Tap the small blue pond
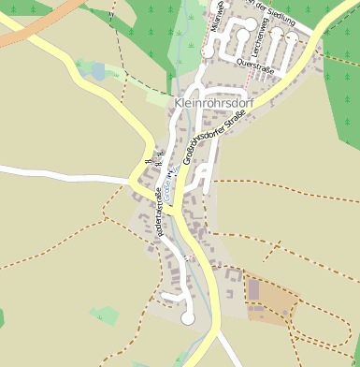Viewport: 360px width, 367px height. pyautogui.click(x=98, y=71)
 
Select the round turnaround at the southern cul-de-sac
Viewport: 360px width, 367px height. pyautogui.click(x=188, y=318)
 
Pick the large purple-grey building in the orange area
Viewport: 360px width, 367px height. pyautogui.click(x=253, y=290)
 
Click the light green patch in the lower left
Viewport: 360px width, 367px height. pyautogui.click(x=105, y=316)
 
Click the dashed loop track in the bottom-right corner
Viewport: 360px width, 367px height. pyautogui.click(x=323, y=328)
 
